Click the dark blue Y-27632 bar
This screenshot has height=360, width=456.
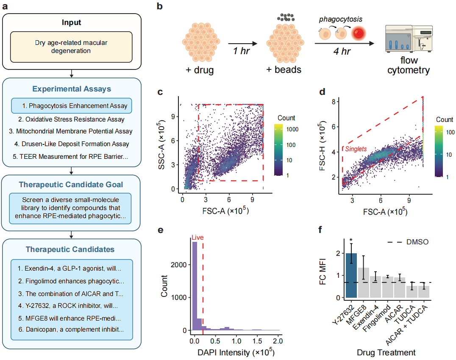tap(351, 275)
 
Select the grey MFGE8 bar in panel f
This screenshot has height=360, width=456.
tap(363, 283)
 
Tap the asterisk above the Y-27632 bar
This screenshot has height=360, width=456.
tap(351, 240)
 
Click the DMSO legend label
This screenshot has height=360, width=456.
tap(417, 242)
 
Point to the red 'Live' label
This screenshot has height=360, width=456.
tap(197, 238)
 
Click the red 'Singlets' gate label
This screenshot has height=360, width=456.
tap(356, 149)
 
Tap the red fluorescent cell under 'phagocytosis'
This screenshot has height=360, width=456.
tap(359, 33)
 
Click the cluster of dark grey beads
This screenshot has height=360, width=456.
tap(286, 17)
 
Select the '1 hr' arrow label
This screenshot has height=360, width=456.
tap(242, 51)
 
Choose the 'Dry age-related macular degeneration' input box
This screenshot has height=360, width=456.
tap(71, 47)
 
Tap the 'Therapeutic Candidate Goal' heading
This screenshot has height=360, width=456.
tap(71, 185)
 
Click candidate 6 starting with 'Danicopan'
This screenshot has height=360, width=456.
tap(71, 330)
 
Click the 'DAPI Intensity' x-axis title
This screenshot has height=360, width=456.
tap(236, 352)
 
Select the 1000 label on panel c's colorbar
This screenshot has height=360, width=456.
tap(292, 129)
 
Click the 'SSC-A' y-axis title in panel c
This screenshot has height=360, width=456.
tap(161, 144)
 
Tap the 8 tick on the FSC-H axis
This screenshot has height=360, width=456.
tap(334, 101)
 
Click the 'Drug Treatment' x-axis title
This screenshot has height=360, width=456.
tap(386, 352)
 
